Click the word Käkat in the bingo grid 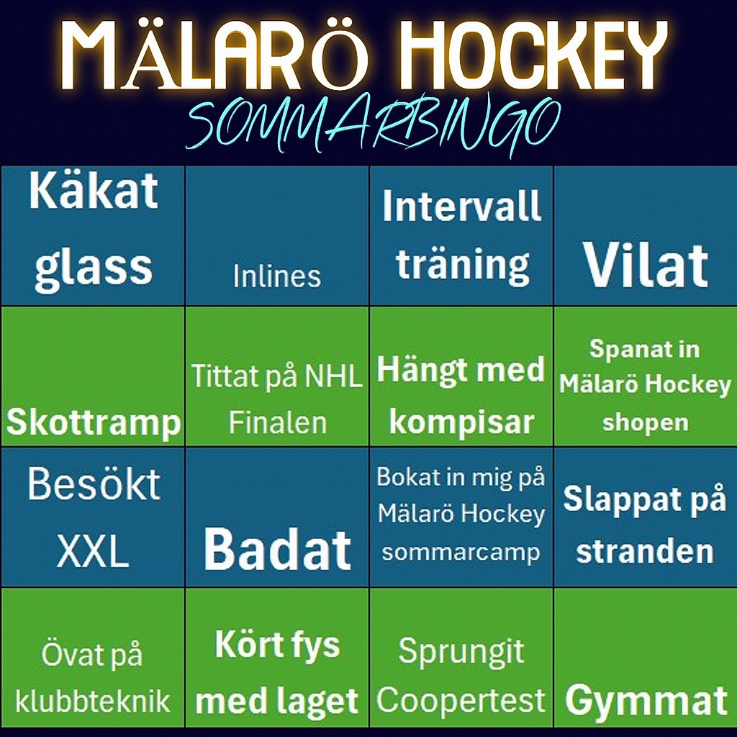(93, 191)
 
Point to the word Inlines (277, 276)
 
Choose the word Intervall (461, 206)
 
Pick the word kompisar (461, 422)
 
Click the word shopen (646, 422)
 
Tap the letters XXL (93, 552)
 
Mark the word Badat (277, 549)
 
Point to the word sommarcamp (461, 552)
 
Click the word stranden (645, 551)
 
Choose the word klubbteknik (92, 701)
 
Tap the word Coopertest (461, 700)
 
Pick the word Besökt (94, 484)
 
